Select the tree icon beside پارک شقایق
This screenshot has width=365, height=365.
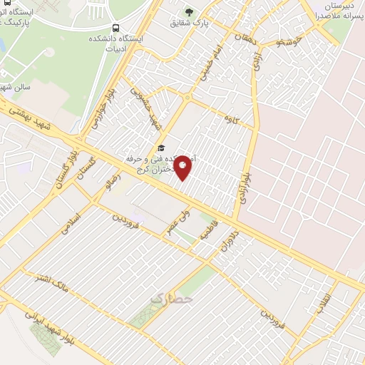click(x=188, y=12)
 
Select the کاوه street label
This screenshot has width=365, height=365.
click(x=230, y=115)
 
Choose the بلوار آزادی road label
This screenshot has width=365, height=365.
click(x=244, y=187)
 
